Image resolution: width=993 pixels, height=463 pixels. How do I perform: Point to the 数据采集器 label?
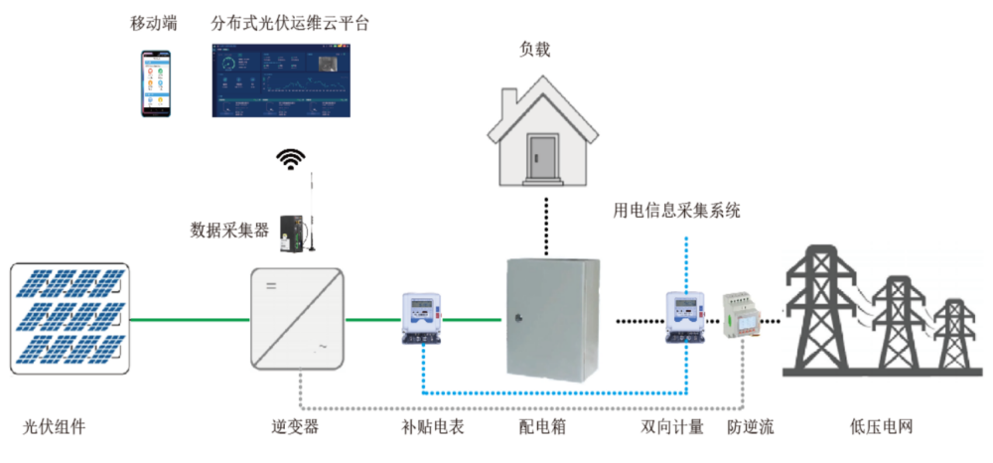click(x=229, y=231)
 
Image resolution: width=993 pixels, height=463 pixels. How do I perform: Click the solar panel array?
click(x=69, y=318)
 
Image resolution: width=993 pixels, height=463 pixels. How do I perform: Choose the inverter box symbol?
click(x=296, y=320)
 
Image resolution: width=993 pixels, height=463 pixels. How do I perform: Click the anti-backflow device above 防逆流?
click(x=743, y=316)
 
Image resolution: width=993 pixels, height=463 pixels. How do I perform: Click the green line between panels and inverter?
click(x=188, y=320)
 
